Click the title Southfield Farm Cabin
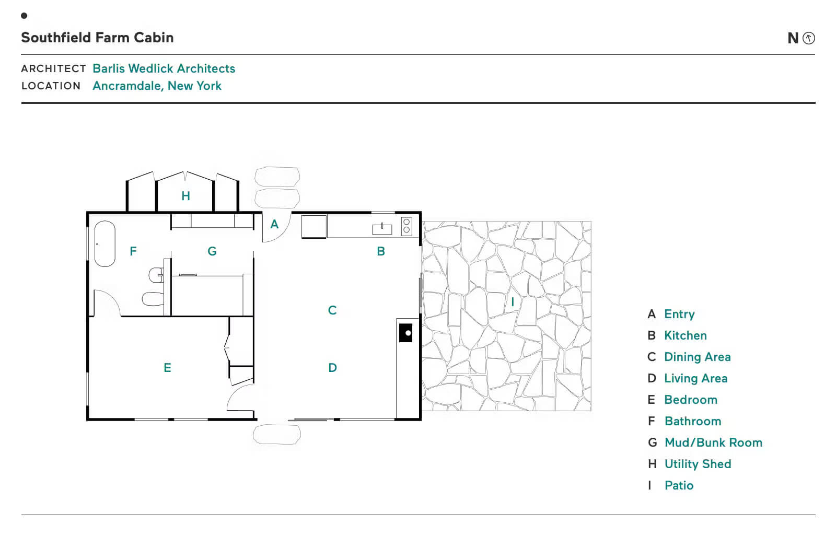coord(97,38)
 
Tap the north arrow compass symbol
coord(809,38)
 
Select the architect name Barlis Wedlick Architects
coord(164,68)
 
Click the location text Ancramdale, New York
coord(157,86)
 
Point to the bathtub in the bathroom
coord(105,244)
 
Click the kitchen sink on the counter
coord(382,229)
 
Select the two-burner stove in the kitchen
coord(407,226)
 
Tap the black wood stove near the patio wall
coord(405,333)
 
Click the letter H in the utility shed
coord(185,196)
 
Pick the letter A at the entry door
coord(274,224)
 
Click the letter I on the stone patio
coord(513,301)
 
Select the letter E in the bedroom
coord(167,368)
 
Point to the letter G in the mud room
coord(212,251)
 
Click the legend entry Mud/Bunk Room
coord(714,442)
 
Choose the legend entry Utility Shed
coord(698,464)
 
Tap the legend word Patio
coord(679,486)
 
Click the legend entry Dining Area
coord(697,357)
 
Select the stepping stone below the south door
coord(277,435)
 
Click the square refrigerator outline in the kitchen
coord(314,227)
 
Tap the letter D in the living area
coord(332,368)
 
